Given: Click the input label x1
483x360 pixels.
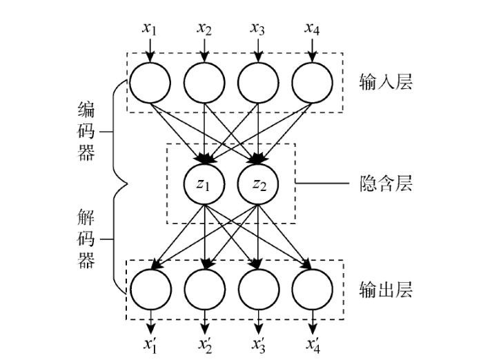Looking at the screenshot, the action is click(150, 29).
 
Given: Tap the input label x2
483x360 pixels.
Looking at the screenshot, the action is click(204, 29).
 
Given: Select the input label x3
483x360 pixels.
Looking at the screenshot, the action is click(257, 29).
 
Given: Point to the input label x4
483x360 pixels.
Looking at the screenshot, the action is click(313, 29).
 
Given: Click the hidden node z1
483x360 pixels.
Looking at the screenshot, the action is click(204, 184).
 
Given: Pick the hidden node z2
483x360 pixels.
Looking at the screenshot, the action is click(258, 184).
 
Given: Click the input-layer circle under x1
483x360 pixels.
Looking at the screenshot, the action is click(150, 83).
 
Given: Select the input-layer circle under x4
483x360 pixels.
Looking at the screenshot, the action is click(313, 83).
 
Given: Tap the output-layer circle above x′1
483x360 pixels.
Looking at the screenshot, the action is click(151, 290).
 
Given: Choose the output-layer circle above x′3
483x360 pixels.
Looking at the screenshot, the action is click(259, 290).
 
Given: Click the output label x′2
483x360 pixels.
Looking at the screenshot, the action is click(205, 346).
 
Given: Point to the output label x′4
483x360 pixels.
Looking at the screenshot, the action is click(313, 346).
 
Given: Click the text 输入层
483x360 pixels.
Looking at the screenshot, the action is click(386, 82).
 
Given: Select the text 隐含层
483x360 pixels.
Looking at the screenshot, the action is click(386, 183).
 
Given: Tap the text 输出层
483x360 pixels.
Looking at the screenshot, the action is click(386, 290).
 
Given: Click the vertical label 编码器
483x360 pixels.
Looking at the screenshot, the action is click(86, 132).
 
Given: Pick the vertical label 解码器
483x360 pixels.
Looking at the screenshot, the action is click(86, 239).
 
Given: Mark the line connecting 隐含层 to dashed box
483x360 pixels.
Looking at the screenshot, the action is click(322, 183).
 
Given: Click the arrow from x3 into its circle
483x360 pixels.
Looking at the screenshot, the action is click(258, 50).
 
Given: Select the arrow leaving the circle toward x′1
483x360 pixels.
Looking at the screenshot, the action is click(150, 322).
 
